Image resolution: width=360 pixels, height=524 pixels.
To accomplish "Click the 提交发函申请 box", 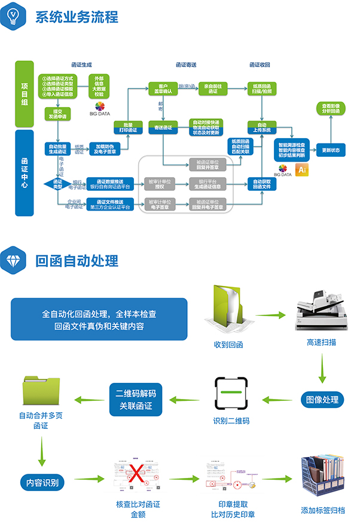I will pos(57,114).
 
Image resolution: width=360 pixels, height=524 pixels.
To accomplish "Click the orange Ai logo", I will pos(302,170).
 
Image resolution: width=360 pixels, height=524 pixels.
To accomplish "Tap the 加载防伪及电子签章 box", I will pos(104,148).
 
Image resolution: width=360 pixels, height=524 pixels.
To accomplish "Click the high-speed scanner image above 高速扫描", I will pos(321,315).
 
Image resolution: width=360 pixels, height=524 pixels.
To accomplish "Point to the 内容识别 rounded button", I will pos(42,480).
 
